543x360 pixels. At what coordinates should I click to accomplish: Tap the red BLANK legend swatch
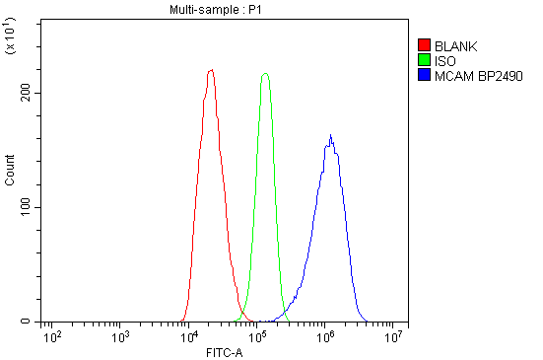tap(424, 45)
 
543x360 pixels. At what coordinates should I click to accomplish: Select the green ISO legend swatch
tap(424, 60)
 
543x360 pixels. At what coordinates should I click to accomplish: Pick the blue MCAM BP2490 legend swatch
tap(424, 75)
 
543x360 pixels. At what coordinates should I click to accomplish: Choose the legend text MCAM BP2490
tap(478, 75)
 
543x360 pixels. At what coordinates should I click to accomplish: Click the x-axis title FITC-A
tap(224, 352)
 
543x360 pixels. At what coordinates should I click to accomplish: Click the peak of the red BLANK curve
tap(211, 70)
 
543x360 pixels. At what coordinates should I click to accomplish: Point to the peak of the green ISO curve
tap(264, 73)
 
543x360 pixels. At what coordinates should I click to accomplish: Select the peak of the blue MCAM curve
tap(331, 135)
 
